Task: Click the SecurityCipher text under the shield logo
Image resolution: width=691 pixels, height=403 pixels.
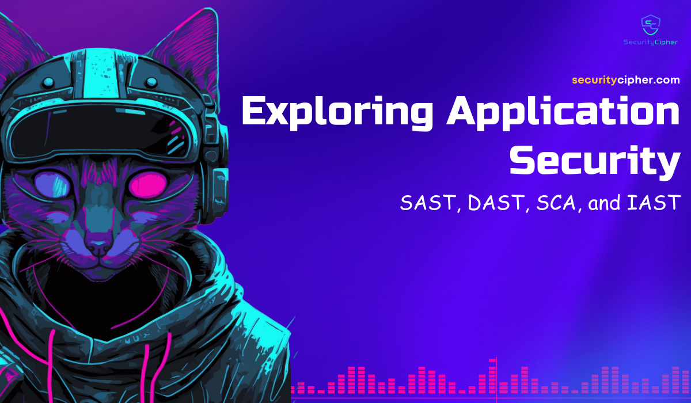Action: [651, 42]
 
